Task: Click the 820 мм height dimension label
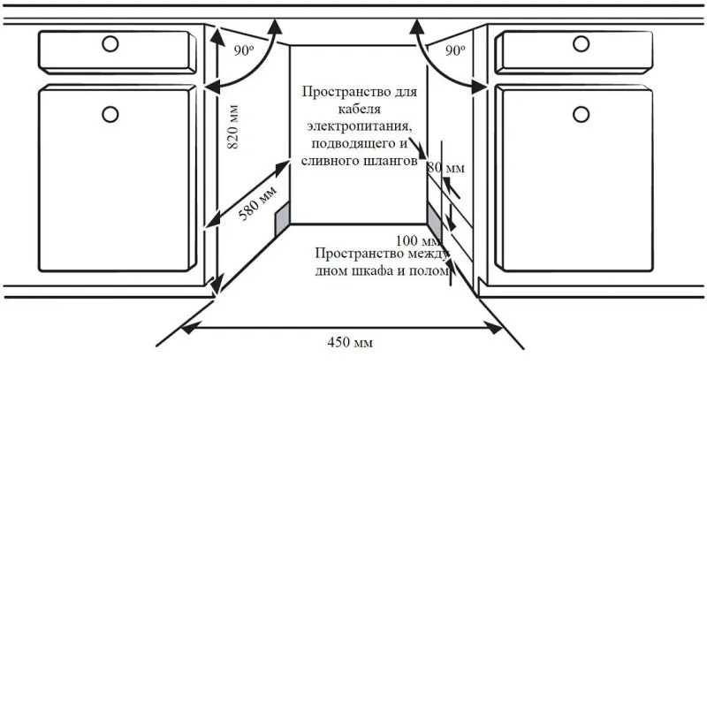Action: coord(232,127)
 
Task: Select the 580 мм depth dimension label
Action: coord(257,203)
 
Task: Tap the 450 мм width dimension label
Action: coord(350,342)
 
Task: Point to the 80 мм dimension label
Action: coord(446,168)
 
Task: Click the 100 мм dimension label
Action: coord(418,240)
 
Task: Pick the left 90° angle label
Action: coord(244,50)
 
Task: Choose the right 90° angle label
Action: coord(455,50)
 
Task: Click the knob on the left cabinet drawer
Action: coord(110,44)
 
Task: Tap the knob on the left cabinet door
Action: coord(110,114)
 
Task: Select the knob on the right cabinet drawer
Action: coord(581,44)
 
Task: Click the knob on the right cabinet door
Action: coord(581,114)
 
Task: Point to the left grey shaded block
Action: coord(282,218)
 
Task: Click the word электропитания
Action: coord(360,125)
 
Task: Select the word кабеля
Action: coord(360,109)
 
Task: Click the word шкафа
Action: coord(368,270)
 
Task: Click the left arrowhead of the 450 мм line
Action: coord(188,328)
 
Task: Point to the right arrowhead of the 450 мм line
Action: coord(494,328)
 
